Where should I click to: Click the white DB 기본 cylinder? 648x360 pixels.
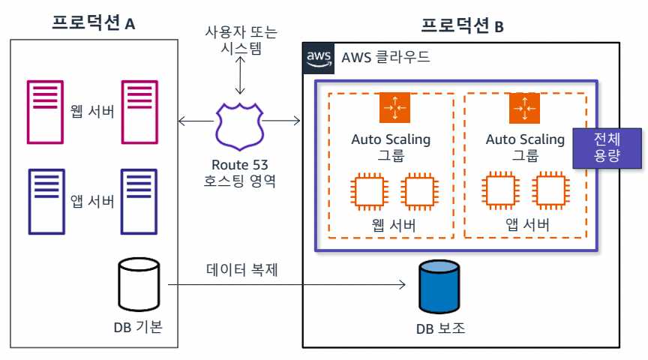coord(140,286)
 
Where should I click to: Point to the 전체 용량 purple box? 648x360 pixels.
coord(607,147)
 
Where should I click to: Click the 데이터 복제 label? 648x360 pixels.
coord(242,268)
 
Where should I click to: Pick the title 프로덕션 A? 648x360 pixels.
coord(93,23)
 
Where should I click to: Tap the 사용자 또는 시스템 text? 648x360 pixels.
coord(238,40)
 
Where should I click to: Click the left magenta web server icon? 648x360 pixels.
coord(45,110)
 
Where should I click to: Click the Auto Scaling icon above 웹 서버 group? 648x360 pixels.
coord(394,109)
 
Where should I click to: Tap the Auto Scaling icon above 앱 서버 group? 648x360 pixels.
coord(523,109)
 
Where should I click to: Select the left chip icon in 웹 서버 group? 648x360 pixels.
coord(368,191)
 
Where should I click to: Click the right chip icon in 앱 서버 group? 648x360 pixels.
coord(549,191)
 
